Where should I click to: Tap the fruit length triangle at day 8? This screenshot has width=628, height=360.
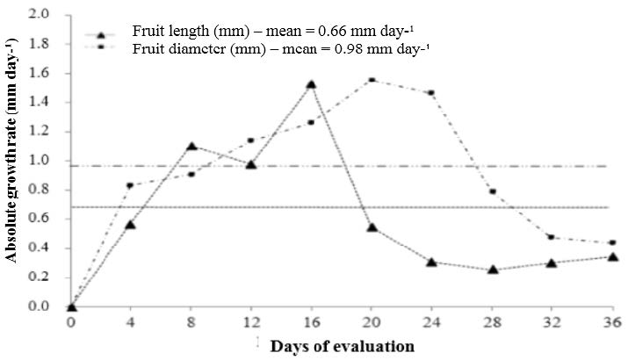(191, 146)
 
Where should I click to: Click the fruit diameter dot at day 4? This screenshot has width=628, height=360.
(130, 185)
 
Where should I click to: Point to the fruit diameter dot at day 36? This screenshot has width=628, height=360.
(612, 242)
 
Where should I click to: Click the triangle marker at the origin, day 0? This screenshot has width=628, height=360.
(71, 306)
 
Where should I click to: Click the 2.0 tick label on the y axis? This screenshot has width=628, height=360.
(40, 15)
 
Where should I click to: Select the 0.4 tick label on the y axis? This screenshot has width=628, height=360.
(40, 248)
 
